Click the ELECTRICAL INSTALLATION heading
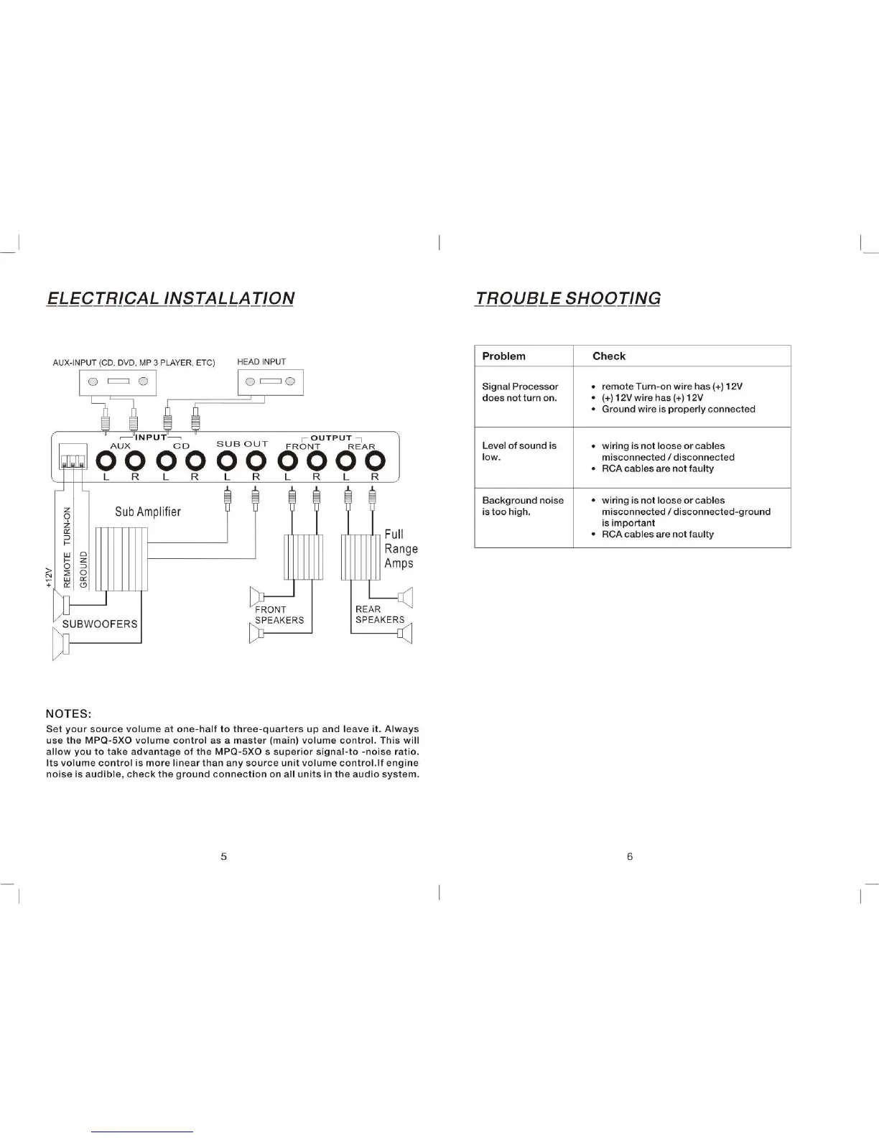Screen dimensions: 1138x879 pyautogui.click(x=170, y=298)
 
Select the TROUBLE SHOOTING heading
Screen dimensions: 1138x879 pyautogui.click(x=567, y=298)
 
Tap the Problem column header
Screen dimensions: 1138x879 pyautogui.click(x=503, y=356)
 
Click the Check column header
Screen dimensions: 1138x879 pyautogui.click(x=608, y=356)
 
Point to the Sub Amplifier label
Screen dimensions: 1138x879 pyautogui.click(x=148, y=512)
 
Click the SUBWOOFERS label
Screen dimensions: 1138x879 pyautogui.click(x=100, y=624)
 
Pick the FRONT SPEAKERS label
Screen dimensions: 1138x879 pyautogui.click(x=279, y=615)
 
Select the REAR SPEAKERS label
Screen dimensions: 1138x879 pyautogui.click(x=379, y=614)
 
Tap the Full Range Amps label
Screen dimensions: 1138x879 pyautogui.click(x=401, y=549)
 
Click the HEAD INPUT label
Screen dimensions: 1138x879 pyautogui.click(x=261, y=362)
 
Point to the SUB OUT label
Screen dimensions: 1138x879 pyautogui.click(x=242, y=444)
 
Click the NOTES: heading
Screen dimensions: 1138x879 pyautogui.click(x=68, y=713)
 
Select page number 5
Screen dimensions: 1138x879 pyautogui.click(x=224, y=856)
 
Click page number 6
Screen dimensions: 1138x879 pyautogui.click(x=630, y=856)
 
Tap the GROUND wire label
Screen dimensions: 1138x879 pyautogui.click(x=83, y=569)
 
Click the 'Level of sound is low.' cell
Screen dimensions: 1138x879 pyautogui.click(x=519, y=451)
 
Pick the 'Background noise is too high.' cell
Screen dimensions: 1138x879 pyautogui.click(x=523, y=506)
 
